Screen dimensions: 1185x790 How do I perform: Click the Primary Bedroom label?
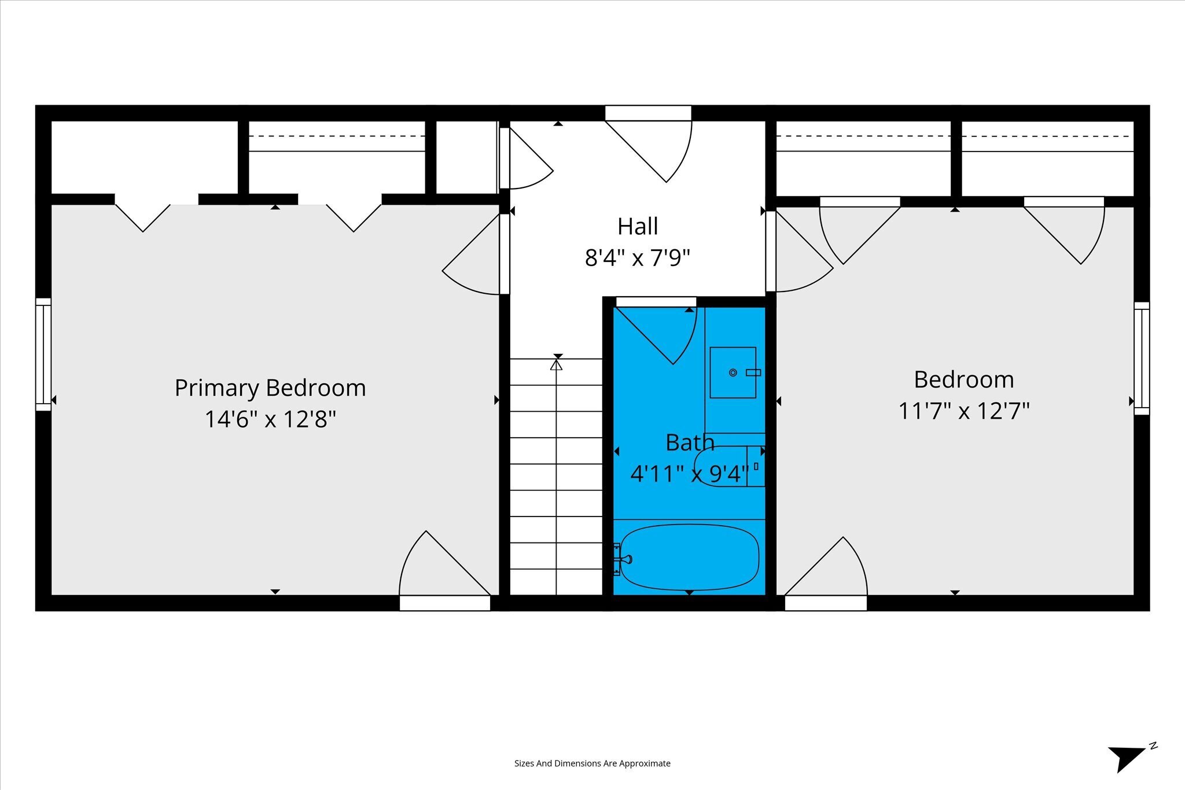(x=270, y=388)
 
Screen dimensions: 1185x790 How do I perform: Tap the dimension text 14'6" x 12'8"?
(x=270, y=419)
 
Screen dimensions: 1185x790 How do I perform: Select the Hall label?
(x=638, y=226)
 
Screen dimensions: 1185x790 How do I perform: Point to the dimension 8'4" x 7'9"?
(x=638, y=257)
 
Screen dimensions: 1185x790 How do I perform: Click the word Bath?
(x=690, y=442)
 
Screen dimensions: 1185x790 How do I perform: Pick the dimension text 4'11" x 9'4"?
(x=690, y=474)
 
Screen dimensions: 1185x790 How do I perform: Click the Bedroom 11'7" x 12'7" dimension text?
(x=964, y=411)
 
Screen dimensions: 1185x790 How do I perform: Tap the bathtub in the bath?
(x=689, y=558)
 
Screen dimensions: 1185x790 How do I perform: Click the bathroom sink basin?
(x=733, y=372)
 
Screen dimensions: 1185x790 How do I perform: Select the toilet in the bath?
(x=729, y=466)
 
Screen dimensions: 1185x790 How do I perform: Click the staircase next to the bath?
(x=556, y=477)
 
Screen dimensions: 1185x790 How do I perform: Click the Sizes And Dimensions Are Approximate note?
(x=592, y=763)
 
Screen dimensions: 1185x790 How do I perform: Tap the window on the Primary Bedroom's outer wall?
(x=43, y=355)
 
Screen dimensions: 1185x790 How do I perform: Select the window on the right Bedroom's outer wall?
(x=1142, y=359)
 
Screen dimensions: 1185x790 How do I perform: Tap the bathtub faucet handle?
(x=625, y=559)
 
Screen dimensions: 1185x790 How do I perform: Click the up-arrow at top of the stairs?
(x=556, y=365)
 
